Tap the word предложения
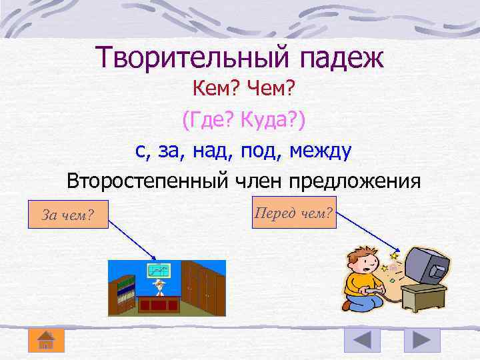[360, 181]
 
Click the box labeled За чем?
[67, 214]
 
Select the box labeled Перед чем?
[294, 212]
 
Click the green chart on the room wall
[159, 270]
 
